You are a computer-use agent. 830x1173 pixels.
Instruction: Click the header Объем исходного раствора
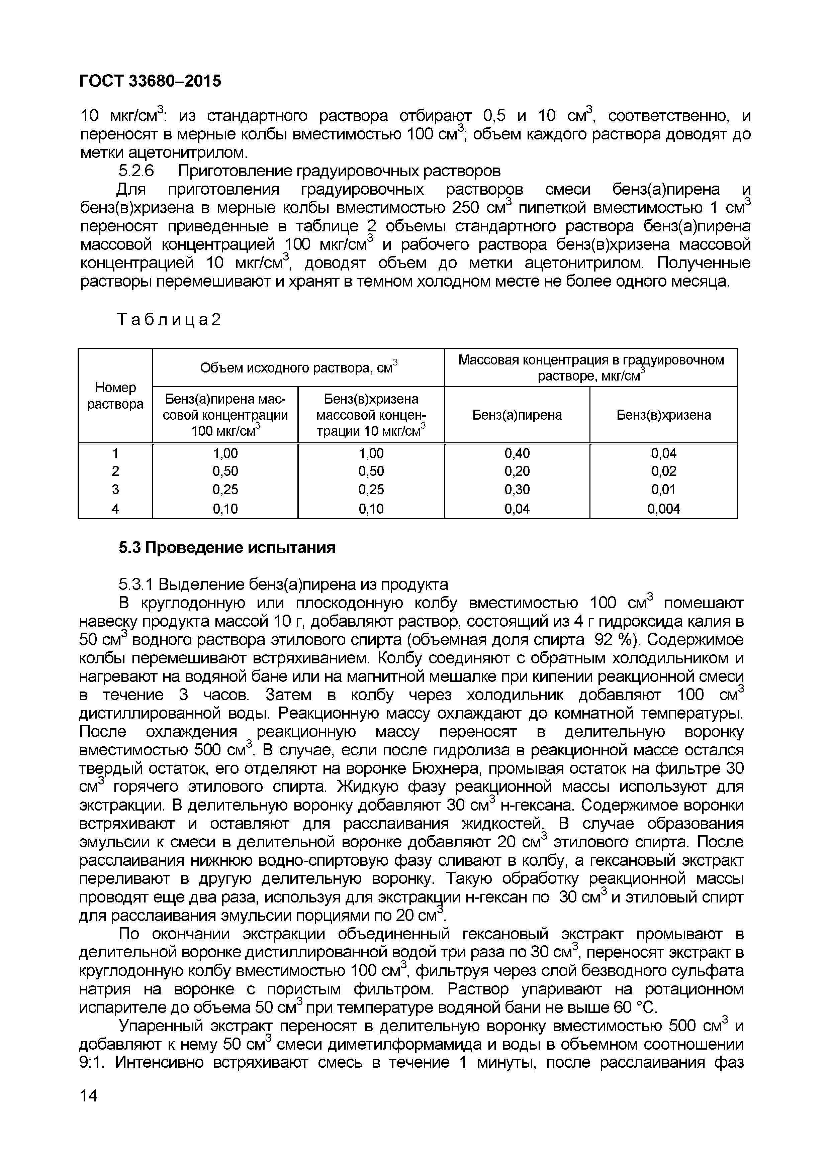click(x=298, y=368)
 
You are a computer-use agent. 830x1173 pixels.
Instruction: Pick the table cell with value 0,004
click(x=663, y=509)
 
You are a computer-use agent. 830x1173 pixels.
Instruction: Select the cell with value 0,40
click(x=517, y=453)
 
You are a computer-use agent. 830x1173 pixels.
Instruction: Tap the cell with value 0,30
click(x=517, y=490)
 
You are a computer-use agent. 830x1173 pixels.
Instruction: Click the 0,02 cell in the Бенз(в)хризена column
click(x=663, y=471)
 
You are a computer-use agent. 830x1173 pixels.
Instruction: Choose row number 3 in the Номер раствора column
click(x=115, y=490)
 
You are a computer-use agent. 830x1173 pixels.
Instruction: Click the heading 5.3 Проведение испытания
click(x=227, y=548)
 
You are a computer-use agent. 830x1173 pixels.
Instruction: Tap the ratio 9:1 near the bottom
click(x=92, y=1063)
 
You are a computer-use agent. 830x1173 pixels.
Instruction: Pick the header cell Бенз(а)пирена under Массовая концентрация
click(x=517, y=415)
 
